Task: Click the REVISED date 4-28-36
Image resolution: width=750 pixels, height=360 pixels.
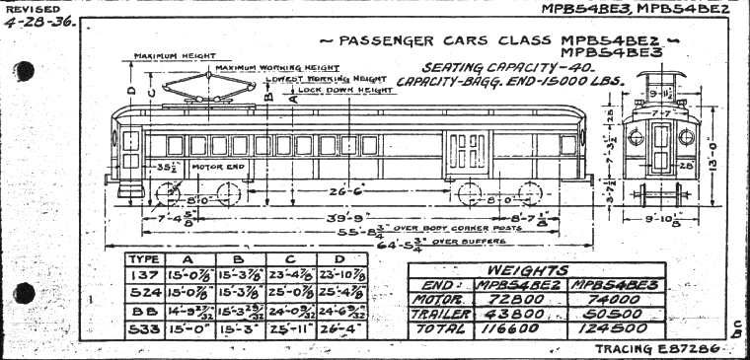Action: tap(37, 22)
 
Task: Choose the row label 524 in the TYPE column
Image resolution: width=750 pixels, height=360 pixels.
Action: tap(143, 291)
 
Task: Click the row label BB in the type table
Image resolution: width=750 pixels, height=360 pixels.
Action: tap(143, 309)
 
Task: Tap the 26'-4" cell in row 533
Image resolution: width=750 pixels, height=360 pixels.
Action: tap(339, 326)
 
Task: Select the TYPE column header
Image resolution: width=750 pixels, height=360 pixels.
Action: tap(143, 258)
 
